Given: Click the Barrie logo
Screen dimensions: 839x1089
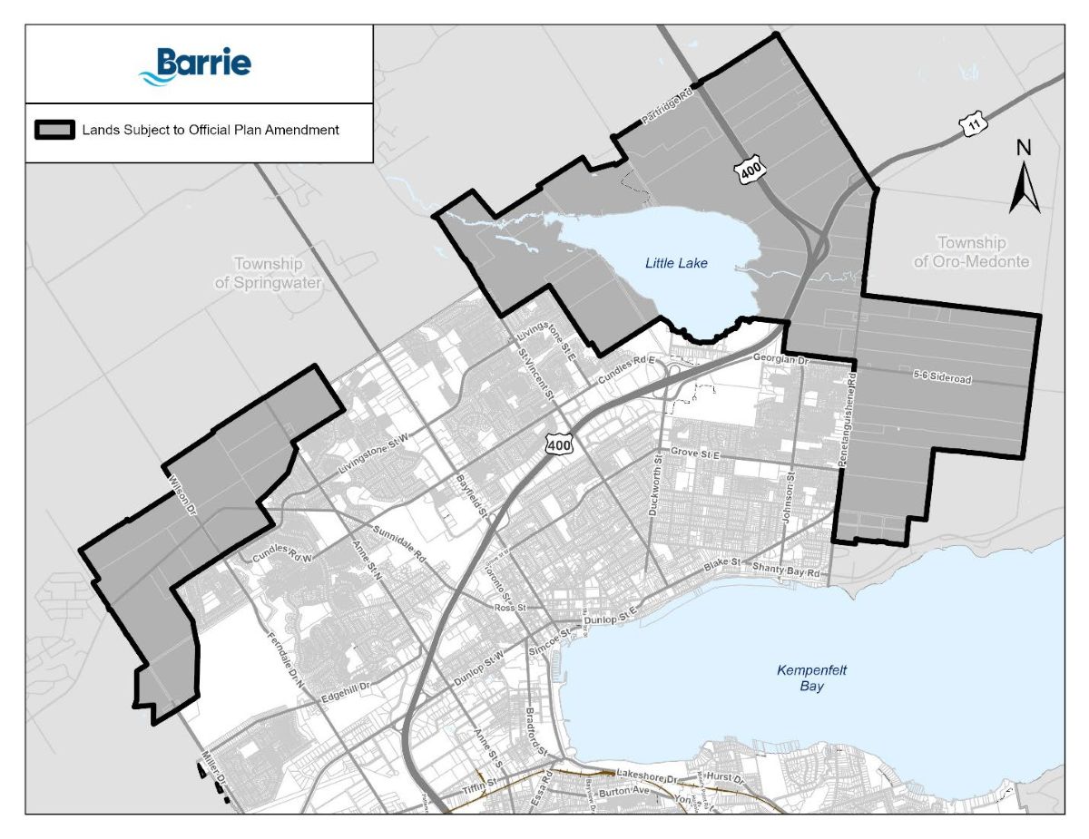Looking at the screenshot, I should point(195,65).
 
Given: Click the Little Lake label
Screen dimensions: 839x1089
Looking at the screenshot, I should point(675,263).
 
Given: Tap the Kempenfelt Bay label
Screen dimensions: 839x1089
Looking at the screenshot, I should point(811,678).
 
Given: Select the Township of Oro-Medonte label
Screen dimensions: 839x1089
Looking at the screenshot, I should point(971,252).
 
